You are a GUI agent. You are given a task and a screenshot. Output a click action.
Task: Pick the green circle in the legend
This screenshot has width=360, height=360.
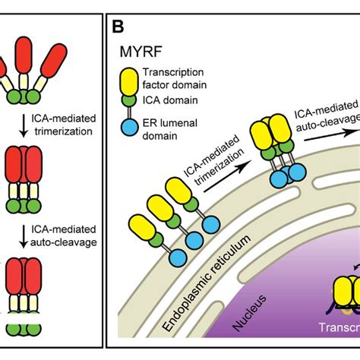tap(129, 99)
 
